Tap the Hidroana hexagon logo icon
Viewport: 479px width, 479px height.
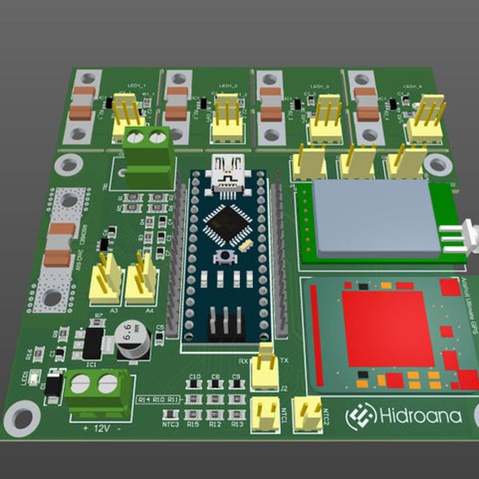coord(361,415)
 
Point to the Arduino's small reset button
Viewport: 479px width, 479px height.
coord(227,256)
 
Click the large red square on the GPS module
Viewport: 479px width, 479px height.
coord(388,328)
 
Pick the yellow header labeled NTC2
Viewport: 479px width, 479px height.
coord(305,411)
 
